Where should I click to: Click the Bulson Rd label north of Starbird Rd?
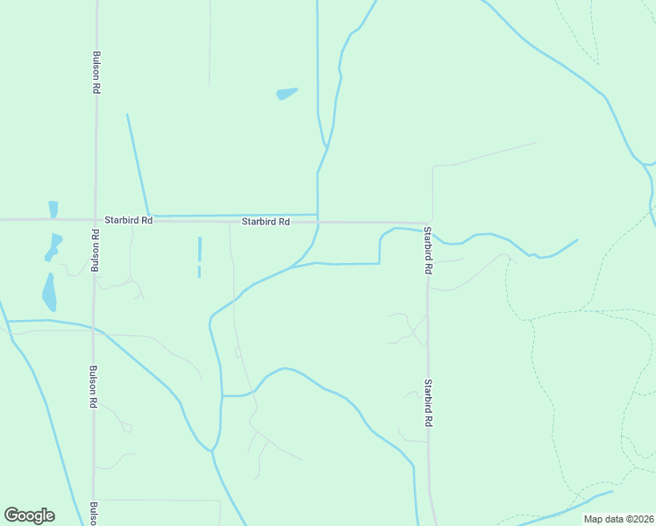pos(95,72)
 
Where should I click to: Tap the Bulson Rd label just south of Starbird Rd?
pos(95,252)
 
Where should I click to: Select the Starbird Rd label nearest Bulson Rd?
pos(129,221)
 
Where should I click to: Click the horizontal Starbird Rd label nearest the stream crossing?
pos(266,223)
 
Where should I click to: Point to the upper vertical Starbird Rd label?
pos(428,251)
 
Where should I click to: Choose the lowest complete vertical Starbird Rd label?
pos(428,402)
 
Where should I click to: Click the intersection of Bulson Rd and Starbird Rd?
pos(95,219)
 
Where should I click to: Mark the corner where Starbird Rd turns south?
pos(430,224)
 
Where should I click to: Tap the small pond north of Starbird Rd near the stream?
pos(287,93)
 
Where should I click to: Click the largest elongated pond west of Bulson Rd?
pos(48,292)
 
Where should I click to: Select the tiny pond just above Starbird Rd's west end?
pos(53,209)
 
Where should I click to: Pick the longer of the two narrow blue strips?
pos(199,249)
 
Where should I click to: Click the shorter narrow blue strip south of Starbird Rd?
pos(199,272)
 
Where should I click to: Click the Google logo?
pos(29,515)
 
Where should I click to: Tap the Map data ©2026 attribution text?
pos(619,519)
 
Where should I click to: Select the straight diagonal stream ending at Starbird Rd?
pos(138,164)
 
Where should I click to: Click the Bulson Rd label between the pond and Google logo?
pos(93,387)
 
